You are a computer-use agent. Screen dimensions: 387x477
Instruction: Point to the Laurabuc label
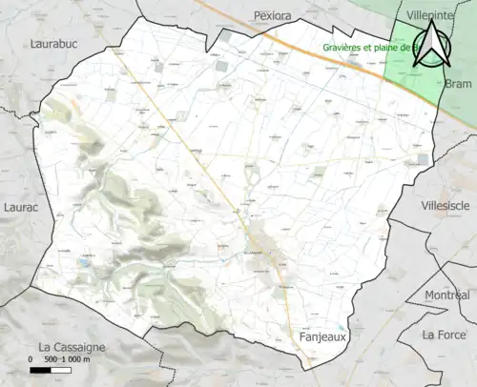[x=53, y=44]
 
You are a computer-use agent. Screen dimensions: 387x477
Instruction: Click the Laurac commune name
[x=19, y=205]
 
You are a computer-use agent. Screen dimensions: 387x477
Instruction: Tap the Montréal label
[x=449, y=295]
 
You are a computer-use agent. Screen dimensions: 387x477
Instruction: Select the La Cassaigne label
[x=72, y=346]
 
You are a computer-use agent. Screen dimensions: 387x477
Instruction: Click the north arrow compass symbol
[x=431, y=45]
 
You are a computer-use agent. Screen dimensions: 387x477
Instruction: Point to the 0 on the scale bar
[x=31, y=360]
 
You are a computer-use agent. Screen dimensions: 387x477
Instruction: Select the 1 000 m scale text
[x=75, y=360]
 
